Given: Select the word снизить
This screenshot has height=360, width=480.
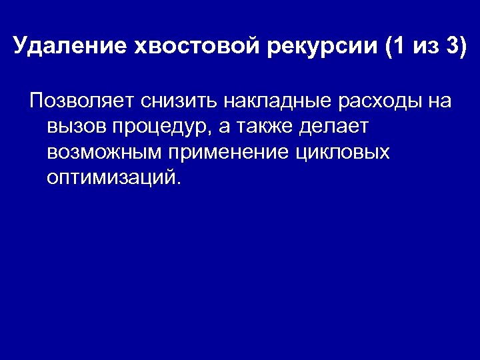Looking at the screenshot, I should point(175,101).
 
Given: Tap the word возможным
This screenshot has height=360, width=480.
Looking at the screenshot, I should point(105,153).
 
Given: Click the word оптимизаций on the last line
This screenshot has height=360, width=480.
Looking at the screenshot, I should point(110,178).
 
